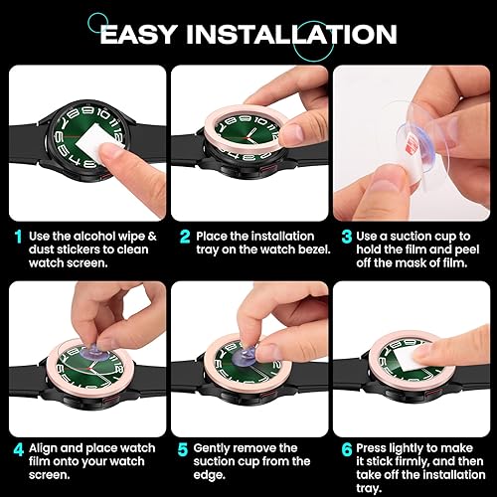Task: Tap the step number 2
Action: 184,236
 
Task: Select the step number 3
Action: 347,236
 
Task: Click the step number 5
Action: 184,448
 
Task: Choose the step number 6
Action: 347,448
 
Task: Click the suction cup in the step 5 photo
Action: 232,351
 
